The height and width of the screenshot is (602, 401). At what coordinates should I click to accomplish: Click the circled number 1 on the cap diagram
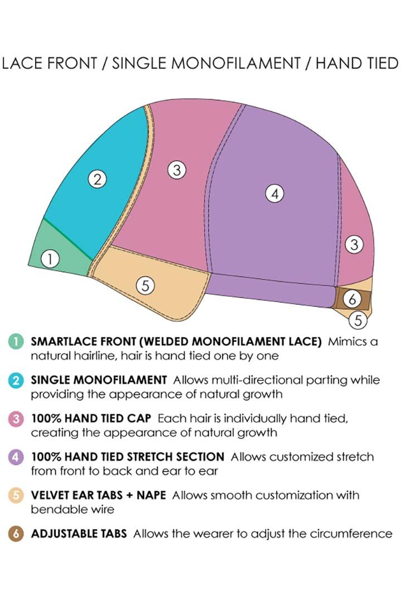point(50,259)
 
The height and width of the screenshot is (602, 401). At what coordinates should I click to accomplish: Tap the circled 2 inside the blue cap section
point(97,179)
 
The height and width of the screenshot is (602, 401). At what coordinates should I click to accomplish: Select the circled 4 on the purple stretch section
point(275,193)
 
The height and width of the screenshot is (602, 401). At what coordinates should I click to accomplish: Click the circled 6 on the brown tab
point(352,298)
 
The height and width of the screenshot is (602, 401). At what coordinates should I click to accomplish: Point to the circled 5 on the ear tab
point(145,285)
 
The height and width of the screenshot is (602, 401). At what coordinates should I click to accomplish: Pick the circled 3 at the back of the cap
point(354,244)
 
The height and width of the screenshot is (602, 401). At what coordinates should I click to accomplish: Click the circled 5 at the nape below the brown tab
point(358,320)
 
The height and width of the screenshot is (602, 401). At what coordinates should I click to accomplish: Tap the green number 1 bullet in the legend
point(16,342)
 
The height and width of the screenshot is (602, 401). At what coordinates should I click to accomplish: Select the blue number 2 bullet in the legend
point(16,380)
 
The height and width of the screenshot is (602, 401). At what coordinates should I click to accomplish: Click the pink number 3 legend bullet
point(16,418)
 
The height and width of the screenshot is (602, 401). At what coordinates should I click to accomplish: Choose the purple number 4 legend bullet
point(16,457)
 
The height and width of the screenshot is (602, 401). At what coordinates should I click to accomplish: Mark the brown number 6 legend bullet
point(16,534)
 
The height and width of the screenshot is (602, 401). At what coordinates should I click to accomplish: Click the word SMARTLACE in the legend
point(63,341)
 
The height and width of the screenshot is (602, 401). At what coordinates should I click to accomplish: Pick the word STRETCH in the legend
point(148,457)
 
